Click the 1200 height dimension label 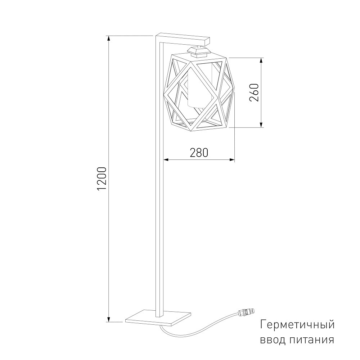(x=102, y=179)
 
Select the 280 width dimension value (x=199, y=153)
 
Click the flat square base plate (x=158, y=318)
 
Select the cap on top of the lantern (x=198, y=51)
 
